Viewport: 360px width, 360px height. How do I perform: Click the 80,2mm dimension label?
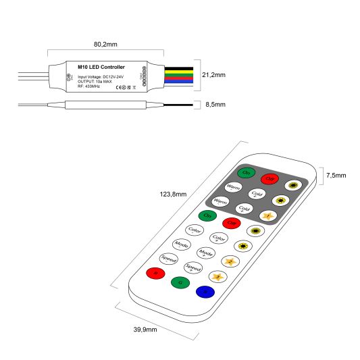pos(105,43)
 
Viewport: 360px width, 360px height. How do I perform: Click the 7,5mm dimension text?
pos(336,176)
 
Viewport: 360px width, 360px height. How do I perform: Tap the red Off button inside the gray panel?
pos(270,178)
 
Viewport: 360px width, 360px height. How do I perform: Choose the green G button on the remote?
pos(180,283)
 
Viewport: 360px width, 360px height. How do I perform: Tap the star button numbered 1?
pos(267,215)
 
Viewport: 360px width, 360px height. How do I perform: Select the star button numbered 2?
pos(230,261)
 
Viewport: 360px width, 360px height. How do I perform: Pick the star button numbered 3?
pos(217,276)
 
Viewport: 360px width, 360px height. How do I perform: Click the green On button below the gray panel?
pos(207,215)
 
